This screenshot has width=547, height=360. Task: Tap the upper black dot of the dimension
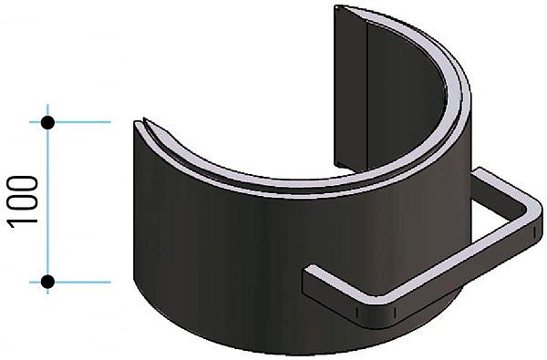point(47,121)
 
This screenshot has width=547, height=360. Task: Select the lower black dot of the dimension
point(47,282)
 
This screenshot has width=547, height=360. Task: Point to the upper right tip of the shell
point(342,11)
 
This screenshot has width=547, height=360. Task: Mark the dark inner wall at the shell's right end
point(346,91)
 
